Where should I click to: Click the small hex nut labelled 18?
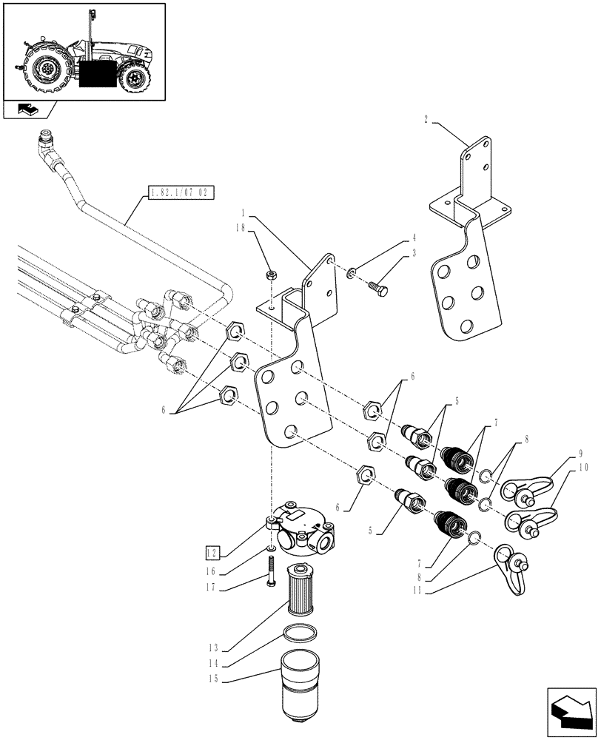(x=272, y=277)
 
